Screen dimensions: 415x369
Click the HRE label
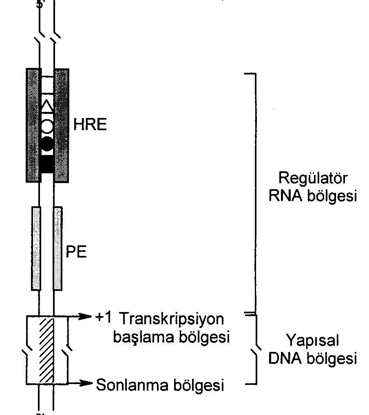tap(90, 124)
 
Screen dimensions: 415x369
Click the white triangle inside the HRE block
tap(47, 107)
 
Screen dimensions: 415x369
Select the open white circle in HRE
tap(47, 126)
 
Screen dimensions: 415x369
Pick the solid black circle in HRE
tap(47, 144)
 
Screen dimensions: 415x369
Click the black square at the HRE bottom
tap(47, 164)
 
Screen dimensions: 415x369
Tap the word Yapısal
tap(313, 340)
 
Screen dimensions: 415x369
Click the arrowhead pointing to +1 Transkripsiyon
tap(86, 315)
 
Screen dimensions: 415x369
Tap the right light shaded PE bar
tap(58, 248)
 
